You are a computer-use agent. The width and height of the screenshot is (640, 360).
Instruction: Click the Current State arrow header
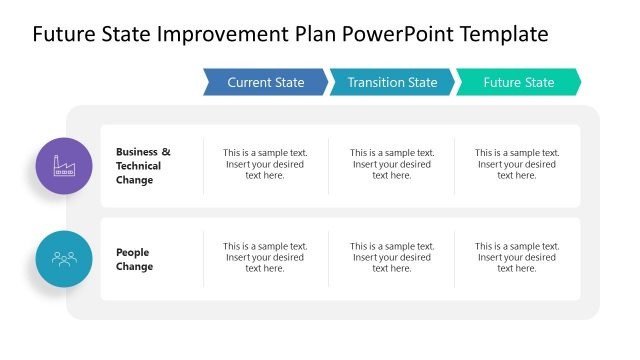click(265, 82)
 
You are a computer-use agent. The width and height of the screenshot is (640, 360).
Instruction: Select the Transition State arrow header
click(392, 82)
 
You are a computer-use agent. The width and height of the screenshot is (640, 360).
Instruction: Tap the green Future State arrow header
click(518, 82)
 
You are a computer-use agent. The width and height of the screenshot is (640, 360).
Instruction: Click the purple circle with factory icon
click(64, 166)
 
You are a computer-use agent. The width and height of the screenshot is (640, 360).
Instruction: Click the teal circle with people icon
click(64, 259)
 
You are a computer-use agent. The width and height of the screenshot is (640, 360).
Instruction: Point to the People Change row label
click(135, 260)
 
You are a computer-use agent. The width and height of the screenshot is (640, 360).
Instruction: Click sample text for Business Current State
click(265, 164)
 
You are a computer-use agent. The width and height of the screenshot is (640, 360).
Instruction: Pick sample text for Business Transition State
click(391, 164)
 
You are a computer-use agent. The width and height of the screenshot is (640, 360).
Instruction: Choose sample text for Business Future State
click(516, 164)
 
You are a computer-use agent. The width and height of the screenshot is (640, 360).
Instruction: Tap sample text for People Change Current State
click(265, 257)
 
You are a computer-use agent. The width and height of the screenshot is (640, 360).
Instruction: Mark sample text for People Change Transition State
click(391, 257)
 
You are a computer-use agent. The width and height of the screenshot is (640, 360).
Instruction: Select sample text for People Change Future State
click(516, 257)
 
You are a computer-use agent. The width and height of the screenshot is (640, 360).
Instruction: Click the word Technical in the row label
click(138, 166)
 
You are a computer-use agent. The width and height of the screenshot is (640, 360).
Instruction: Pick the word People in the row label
click(132, 253)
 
